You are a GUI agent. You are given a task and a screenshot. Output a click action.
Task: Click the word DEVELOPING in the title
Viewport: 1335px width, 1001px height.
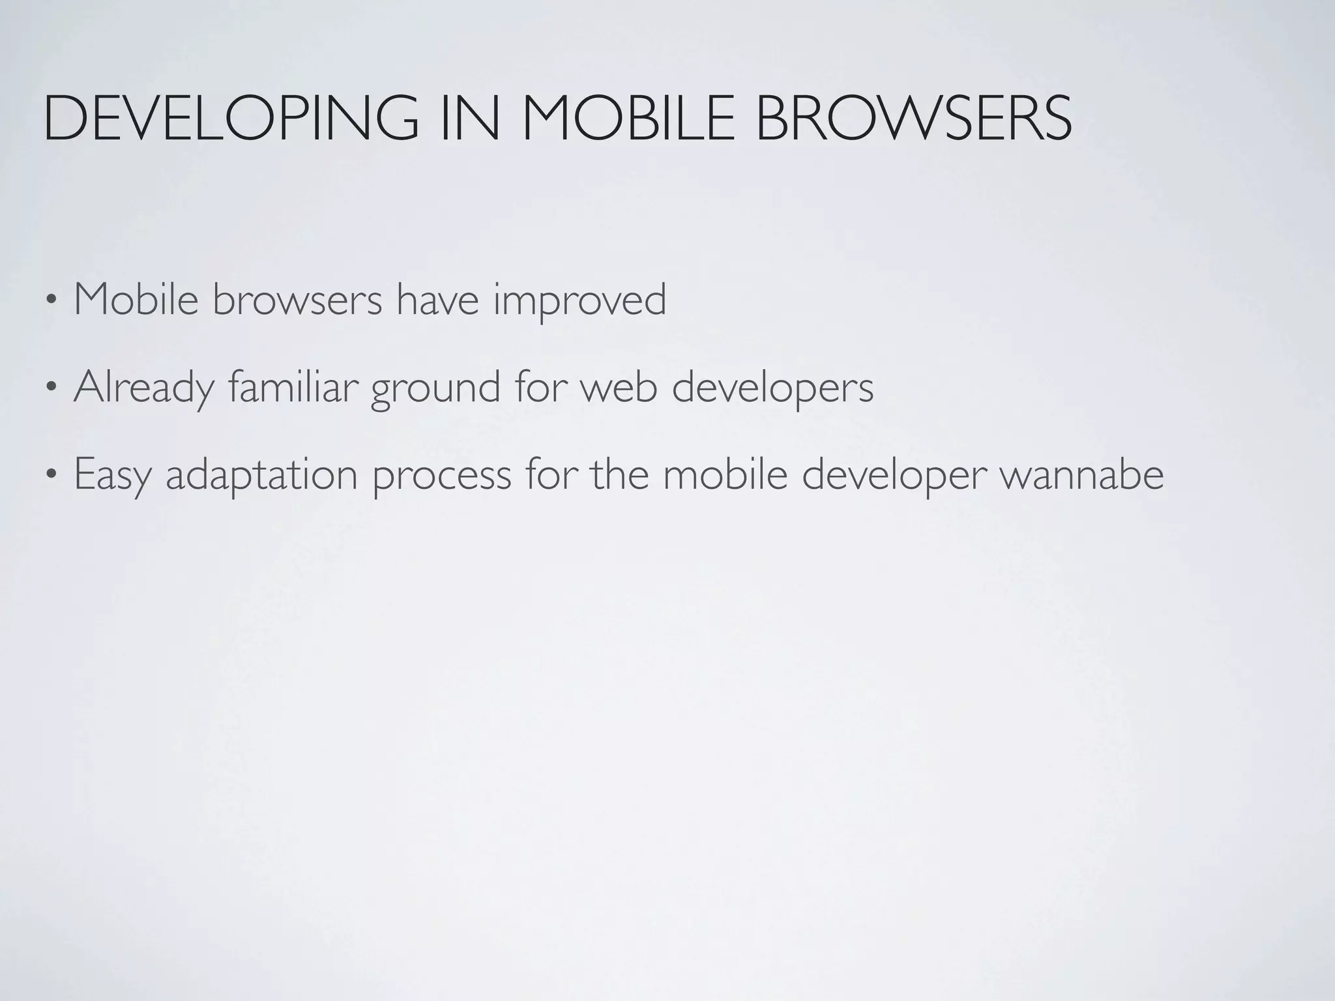(x=231, y=119)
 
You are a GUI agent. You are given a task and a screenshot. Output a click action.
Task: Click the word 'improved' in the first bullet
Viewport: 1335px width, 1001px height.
(x=579, y=301)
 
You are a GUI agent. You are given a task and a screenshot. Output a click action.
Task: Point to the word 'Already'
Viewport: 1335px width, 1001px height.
(x=144, y=388)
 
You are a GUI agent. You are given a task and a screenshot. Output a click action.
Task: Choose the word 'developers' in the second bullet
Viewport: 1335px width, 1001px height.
(x=772, y=388)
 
